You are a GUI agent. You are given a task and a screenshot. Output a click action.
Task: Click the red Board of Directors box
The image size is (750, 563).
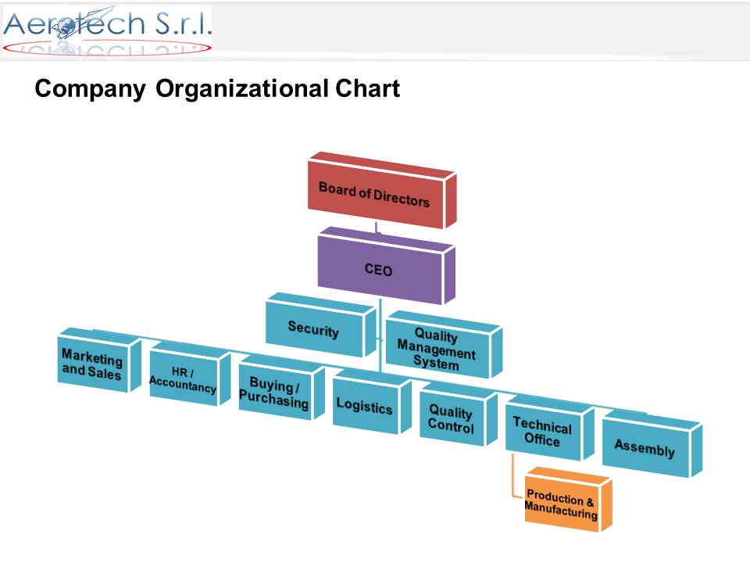click(x=382, y=191)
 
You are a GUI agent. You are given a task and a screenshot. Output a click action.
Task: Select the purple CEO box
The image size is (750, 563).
click(x=385, y=266)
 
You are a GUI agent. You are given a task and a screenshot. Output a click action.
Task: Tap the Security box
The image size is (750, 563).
click(x=321, y=325)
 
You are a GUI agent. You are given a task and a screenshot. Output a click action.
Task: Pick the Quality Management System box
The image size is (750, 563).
click(x=444, y=345)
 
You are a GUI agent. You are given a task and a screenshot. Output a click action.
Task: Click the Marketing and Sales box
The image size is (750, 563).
click(x=99, y=360)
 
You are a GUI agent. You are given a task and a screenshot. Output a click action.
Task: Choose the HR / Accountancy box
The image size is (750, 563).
click(x=190, y=375)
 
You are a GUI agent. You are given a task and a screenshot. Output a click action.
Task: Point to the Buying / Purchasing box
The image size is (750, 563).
click(x=281, y=388)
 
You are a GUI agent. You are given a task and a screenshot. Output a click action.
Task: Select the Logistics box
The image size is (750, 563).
click(x=372, y=402)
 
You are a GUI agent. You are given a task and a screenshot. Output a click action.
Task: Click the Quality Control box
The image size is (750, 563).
click(x=459, y=414)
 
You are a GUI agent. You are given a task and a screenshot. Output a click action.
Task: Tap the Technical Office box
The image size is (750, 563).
click(x=549, y=428)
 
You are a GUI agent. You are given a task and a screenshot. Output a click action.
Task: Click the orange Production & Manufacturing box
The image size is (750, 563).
click(x=568, y=500)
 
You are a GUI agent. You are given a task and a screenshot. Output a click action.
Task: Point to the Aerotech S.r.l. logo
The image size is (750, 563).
click(x=107, y=30)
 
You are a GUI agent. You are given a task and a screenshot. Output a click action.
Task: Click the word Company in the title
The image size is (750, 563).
click(x=90, y=89)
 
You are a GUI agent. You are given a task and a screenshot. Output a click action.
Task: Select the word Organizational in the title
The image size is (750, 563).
click(x=242, y=89)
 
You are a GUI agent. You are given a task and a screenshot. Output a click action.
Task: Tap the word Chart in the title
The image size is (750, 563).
click(x=367, y=88)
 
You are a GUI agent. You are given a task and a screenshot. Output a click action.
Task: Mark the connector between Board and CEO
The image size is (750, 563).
click(x=377, y=228)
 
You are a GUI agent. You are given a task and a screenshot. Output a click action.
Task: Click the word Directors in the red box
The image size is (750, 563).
click(x=402, y=197)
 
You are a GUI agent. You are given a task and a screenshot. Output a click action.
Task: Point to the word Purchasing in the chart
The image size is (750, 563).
click(x=273, y=400)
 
